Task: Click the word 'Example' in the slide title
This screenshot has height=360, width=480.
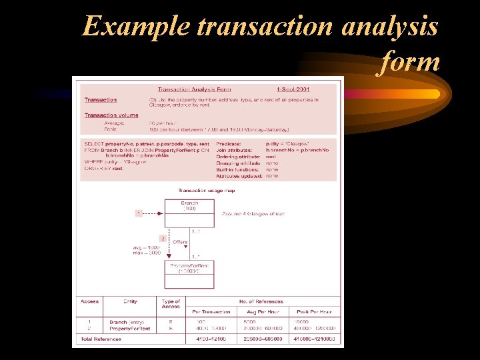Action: click(136, 27)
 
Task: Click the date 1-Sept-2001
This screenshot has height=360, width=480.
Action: click(293, 89)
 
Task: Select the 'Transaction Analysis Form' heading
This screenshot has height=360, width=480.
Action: click(195, 89)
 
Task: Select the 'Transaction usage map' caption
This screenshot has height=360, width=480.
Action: click(205, 191)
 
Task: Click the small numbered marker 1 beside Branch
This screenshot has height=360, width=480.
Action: click(139, 213)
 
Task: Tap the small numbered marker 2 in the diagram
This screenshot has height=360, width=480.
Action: click(162, 238)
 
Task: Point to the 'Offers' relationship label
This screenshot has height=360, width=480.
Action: click(180, 242)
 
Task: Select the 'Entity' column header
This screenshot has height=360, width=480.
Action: click(129, 302)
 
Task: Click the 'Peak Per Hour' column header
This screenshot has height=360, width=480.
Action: click(313, 311)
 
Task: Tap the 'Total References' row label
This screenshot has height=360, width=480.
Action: click(101, 339)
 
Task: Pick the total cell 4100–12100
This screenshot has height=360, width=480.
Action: click(211, 339)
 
